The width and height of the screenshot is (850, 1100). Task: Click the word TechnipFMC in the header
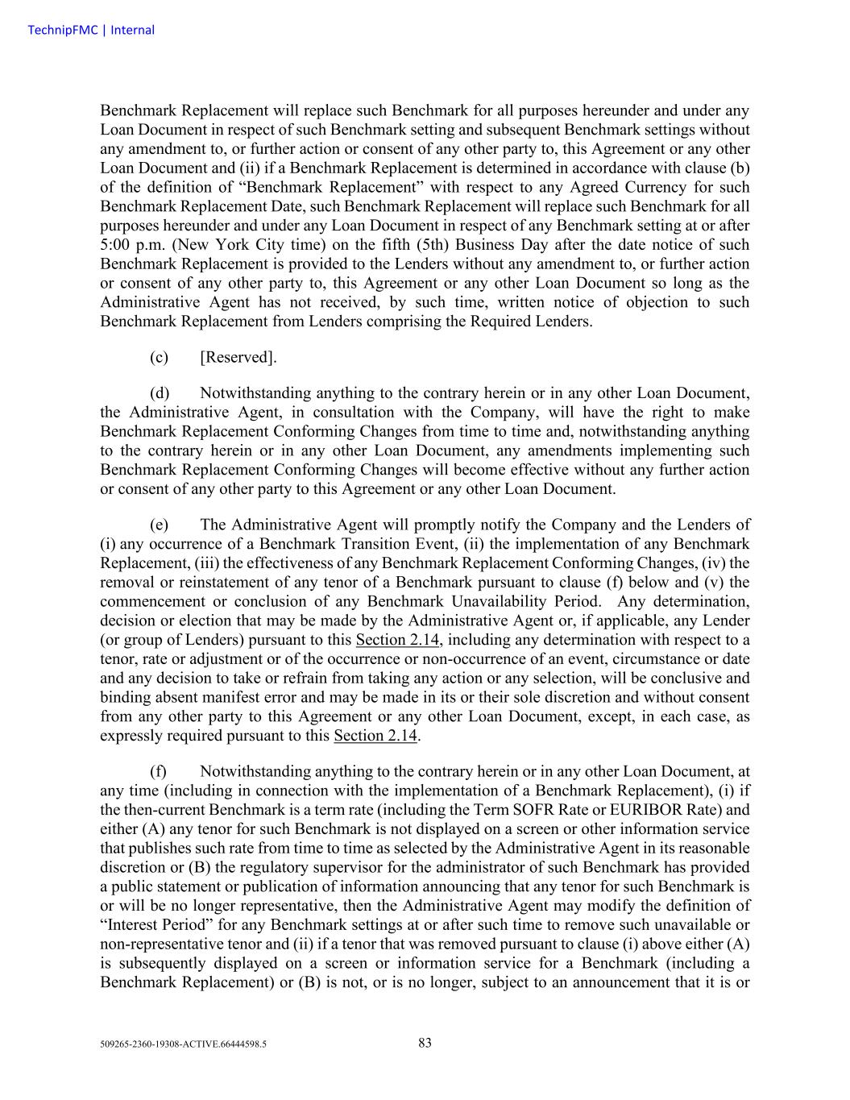[x=63, y=31]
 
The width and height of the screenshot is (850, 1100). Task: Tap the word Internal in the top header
[x=132, y=31]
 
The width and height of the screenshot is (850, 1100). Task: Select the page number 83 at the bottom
[x=425, y=1043]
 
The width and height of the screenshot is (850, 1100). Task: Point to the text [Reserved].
[x=238, y=358]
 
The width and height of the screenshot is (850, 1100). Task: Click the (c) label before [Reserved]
[x=159, y=358]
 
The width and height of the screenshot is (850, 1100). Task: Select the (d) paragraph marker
[x=160, y=393]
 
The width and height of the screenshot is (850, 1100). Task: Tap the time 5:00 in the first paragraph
[x=115, y=245]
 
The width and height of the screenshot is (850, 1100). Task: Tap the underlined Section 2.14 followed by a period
[x=375, y=736]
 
